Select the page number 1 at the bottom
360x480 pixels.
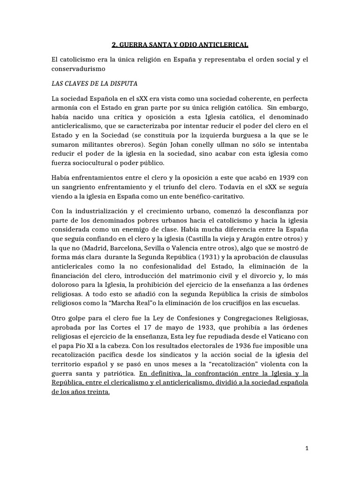click(x=307, y=448)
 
